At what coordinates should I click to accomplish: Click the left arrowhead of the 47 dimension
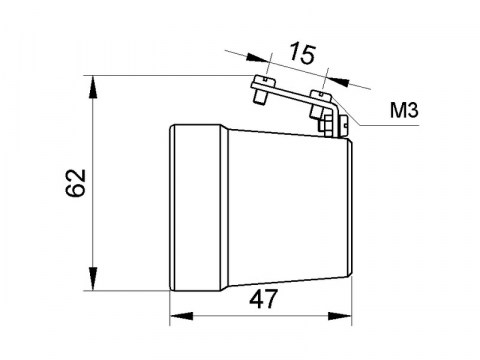click(176, 318)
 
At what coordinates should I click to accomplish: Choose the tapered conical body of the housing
click(270, 208)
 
